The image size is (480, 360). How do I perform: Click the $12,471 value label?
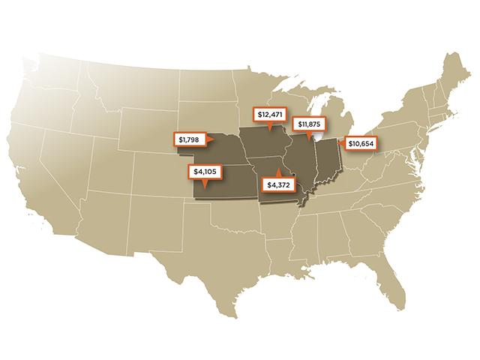[267, 115]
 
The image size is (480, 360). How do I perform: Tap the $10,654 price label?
[361, 142]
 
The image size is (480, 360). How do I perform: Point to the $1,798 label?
[188, 139]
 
